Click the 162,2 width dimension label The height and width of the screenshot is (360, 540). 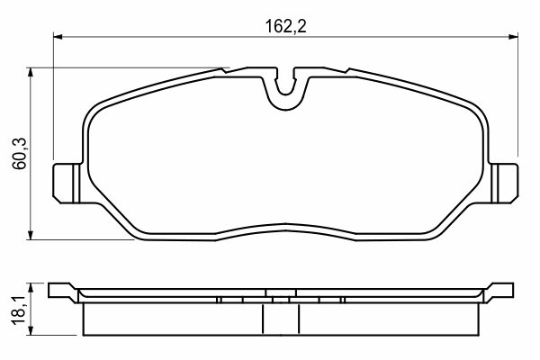[x=285, y=26]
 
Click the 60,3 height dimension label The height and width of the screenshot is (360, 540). [x=20, y=153]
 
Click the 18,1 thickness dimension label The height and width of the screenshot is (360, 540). [x=20, y=309]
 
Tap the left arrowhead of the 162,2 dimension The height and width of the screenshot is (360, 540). [x=58, y=37]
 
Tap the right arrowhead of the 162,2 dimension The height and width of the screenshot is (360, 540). [x=514, y=37]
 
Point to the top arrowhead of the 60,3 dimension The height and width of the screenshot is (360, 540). [x=31, y=72]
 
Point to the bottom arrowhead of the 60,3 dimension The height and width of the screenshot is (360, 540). [x=31, y=235]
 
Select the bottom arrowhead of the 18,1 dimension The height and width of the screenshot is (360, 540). [x=31, y=330]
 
